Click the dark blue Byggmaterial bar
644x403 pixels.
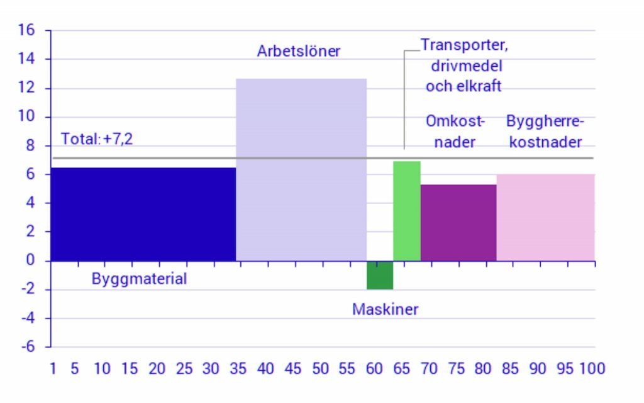[143, 214]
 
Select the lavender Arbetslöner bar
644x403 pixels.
[301, 170]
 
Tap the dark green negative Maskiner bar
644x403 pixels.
[380, 275]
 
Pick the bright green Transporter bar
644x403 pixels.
[407, 211]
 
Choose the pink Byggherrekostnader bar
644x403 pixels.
[545, 217]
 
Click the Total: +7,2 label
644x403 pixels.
[97, 139]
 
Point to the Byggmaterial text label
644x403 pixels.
[140, 279]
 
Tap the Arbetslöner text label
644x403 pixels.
[299, 51]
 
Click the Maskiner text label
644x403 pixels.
[385, 309]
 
